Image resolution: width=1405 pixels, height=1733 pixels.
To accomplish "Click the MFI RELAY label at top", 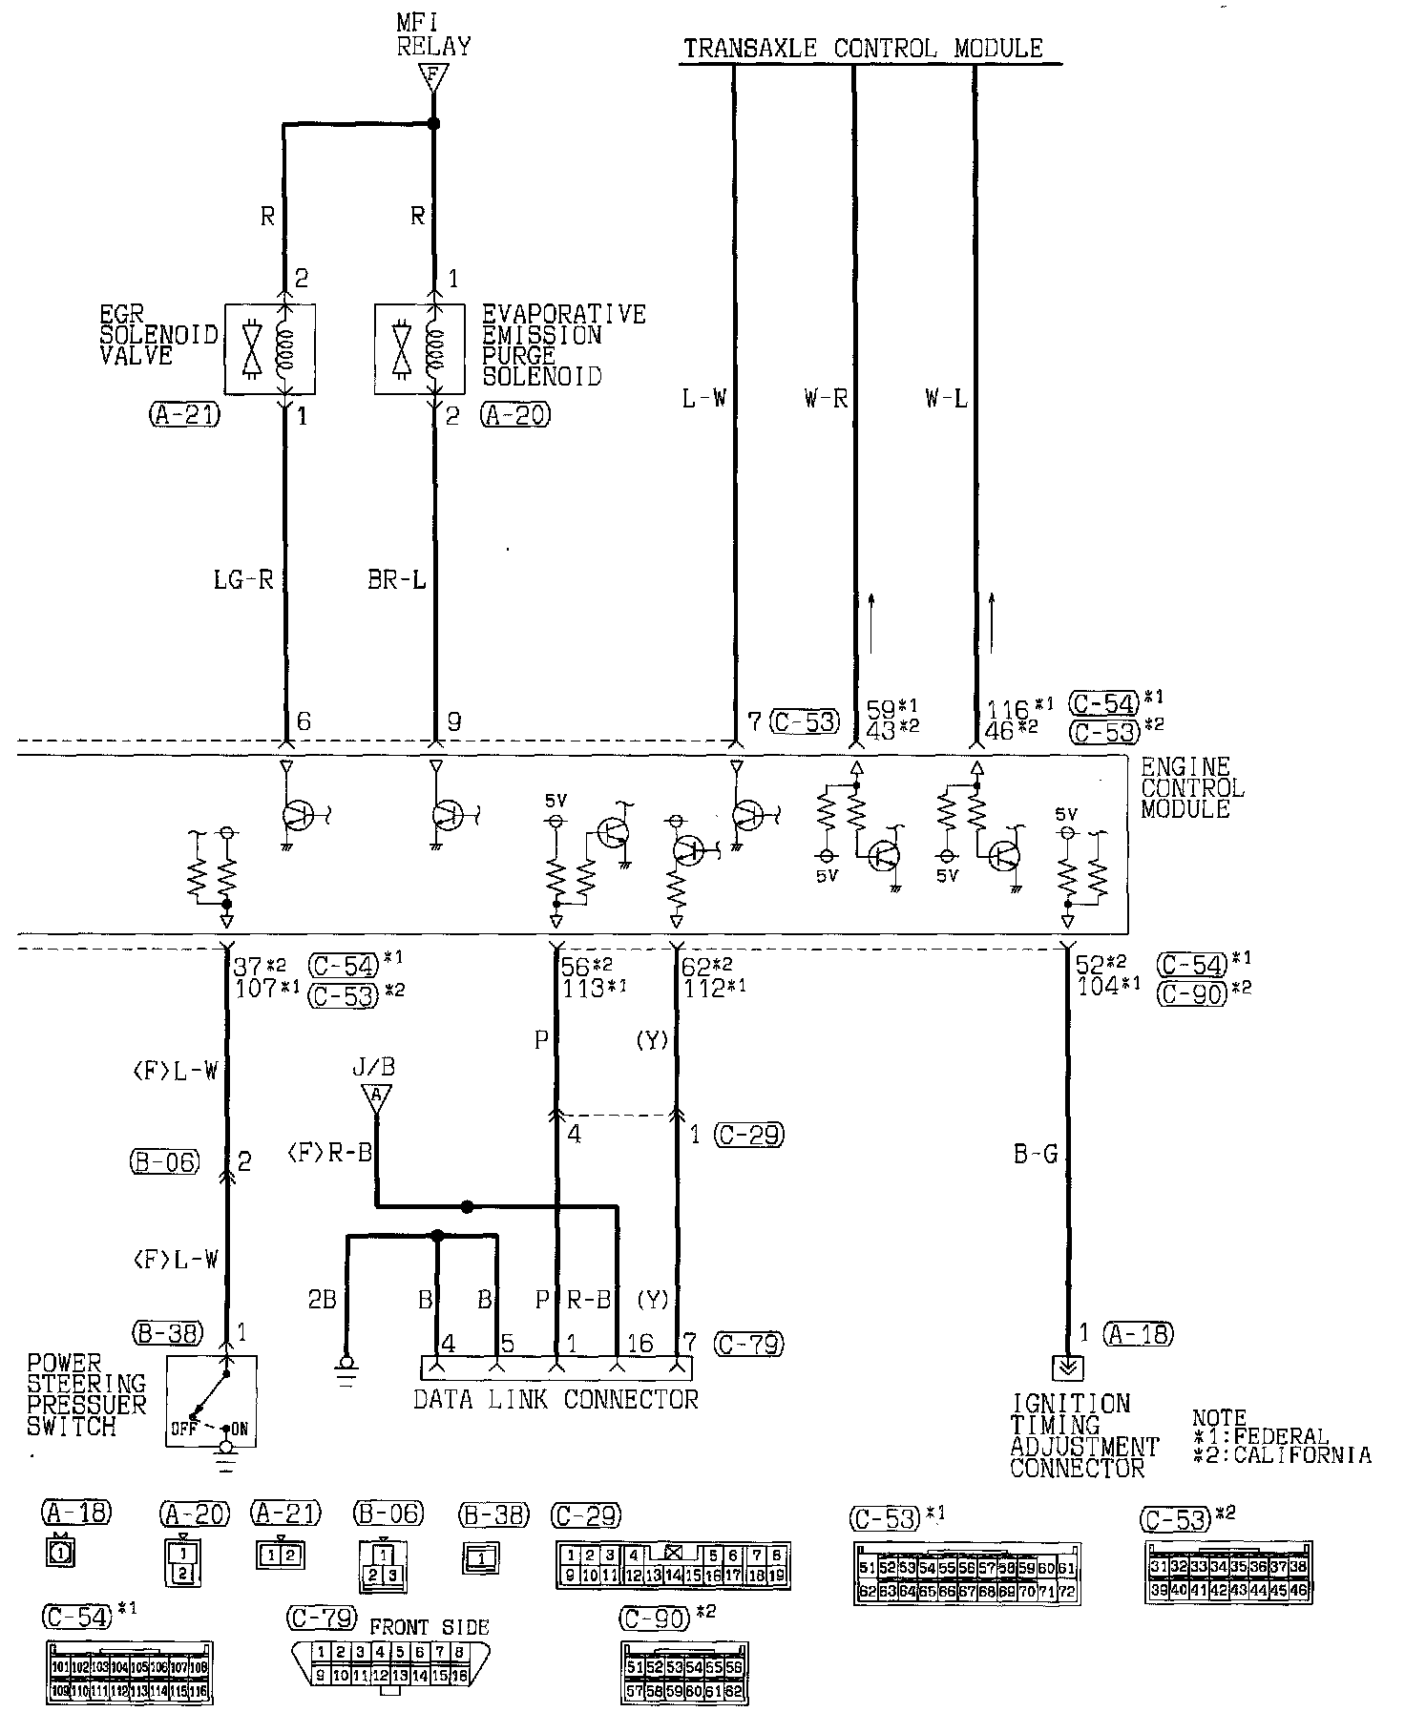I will point(433,35).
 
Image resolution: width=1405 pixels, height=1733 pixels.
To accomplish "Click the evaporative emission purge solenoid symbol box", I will point(419,349).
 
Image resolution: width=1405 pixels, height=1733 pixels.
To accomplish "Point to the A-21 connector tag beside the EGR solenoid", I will point(185,415).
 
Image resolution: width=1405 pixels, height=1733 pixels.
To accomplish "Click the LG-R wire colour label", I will point(243,580).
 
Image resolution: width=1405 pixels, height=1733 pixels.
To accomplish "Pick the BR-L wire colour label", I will point(396,580).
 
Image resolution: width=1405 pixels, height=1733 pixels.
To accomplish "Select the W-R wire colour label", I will point(826,400).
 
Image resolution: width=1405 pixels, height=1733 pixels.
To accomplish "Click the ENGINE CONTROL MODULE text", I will point(1192,788).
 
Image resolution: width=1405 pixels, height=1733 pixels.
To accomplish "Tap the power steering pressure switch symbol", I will point(211,1400).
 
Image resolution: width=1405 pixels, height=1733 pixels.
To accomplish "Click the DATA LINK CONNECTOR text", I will point(556,1400).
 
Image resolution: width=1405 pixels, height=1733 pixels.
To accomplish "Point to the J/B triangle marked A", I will point(377,1099).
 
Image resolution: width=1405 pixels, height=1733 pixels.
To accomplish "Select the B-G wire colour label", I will point(1036,1156).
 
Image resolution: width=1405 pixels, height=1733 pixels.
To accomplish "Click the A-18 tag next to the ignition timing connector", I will point(1138,1335).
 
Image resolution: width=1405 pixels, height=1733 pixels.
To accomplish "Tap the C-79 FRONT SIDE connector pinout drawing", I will point(388,1661).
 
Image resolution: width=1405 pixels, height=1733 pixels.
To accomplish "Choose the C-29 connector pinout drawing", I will point(673,1566).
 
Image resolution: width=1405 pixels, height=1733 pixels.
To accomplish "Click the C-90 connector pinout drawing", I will point(684,1673).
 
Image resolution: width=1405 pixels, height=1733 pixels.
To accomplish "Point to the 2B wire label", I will point(322,1300).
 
